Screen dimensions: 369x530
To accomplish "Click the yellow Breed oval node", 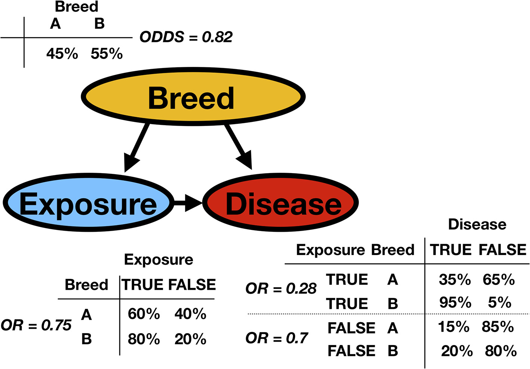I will [x=193, y=96].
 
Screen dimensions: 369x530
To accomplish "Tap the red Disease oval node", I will [x=281, y=203].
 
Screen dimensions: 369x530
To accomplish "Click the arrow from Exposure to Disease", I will [x=188, y=203].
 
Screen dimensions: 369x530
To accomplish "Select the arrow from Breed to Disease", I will [x=239, y=146].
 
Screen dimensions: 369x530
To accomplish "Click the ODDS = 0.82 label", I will [x=186, y=37].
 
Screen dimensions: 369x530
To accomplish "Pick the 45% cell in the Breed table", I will [x=62, y=54].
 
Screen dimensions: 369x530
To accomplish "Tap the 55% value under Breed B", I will [x=107, y=54].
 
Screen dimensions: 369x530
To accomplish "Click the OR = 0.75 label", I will [x=36, y=326].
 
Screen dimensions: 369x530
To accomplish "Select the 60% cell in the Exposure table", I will [x=144, y=314].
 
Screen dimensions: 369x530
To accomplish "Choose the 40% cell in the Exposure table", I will [x=190, y=314].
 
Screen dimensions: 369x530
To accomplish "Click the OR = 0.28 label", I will [x=281, y=289].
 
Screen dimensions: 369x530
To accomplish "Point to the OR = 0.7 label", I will [x=276, y=338].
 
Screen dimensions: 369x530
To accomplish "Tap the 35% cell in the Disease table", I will [x=454, y=280].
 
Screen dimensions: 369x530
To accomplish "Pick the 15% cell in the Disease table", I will [x=453, y=327].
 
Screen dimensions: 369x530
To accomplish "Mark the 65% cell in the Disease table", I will [x=499, y=280].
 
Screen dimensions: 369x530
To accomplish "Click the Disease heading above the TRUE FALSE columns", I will [x=477, y=224].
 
